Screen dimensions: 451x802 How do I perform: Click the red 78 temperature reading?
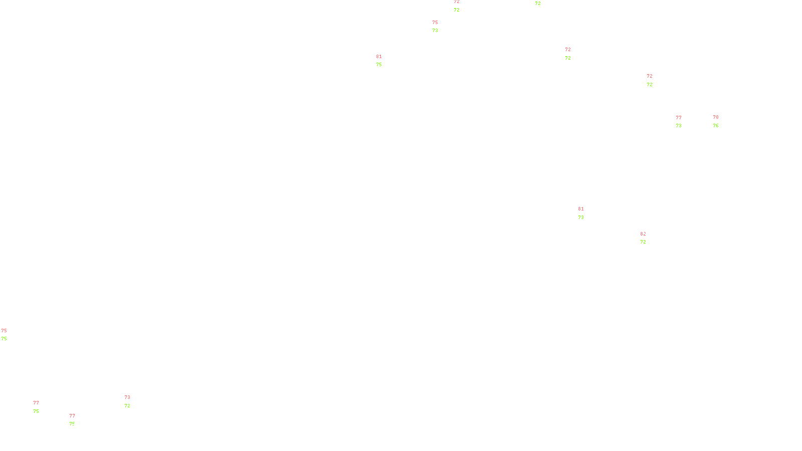click(x=716, y=117)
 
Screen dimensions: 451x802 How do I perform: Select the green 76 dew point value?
click(x=716, y=126)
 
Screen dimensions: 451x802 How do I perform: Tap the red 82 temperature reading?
click(x=643, y=234)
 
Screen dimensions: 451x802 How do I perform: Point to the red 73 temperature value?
click(x=127, y=397)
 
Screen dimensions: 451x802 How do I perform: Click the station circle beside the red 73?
click(x=132, y=401)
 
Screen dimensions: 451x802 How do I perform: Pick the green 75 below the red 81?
click(x=379, y=65)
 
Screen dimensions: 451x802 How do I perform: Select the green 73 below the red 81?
click(x=581, y=217)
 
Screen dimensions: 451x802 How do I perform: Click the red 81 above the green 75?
click(x=379, y=57)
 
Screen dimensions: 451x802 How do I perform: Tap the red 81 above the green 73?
click(x=581, y=209)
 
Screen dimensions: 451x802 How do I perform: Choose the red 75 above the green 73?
click(x=435, y=23)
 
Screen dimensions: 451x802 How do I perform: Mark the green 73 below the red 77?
click(x=679, y=126)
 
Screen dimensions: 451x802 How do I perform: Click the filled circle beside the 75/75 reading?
click(x=9, y=335)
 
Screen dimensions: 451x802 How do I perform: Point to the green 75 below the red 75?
click(x=4, y=339)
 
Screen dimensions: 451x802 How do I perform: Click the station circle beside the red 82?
click(x=648, y=238)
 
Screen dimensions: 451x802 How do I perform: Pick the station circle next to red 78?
click(x=720, y=121)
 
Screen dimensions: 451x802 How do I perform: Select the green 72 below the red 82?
click(x=643, y=242)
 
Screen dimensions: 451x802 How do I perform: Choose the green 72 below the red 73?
click(x=127, y=406)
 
